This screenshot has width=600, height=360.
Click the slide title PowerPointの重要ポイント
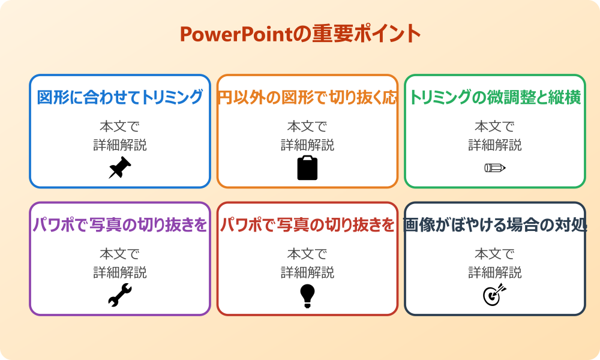[300, 34]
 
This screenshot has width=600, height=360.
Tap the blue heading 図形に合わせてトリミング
[120, 98]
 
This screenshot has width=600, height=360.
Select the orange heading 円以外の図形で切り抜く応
[307, 98]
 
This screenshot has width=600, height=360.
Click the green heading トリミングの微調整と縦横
[495, 98]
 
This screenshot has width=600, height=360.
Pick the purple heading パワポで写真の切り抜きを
[120, 225]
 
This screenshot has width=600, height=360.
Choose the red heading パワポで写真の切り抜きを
[307, 225]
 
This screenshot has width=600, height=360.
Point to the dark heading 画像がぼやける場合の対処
[495, 225]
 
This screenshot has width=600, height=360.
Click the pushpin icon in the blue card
[120, 168]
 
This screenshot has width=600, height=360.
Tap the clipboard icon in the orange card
[307, 168]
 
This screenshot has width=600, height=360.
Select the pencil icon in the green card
[495, 167]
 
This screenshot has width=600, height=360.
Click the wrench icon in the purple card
[120, 295]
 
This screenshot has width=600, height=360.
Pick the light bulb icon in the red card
[307, 295]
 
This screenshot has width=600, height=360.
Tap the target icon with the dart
[495, 295]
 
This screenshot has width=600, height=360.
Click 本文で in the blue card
[120, 127]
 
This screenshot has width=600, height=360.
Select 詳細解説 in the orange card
[307, 145]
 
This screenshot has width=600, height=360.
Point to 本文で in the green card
[495, 127]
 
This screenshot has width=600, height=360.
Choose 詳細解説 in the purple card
[120, 272]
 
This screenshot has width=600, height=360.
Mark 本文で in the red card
[307, 254]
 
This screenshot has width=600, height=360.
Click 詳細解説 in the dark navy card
[495, 272]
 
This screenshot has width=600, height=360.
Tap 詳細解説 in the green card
[495, 145]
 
